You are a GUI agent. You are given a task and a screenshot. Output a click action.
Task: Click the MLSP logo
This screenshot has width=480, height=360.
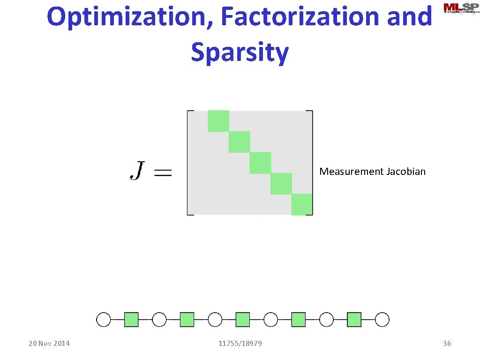[x=461, y=8]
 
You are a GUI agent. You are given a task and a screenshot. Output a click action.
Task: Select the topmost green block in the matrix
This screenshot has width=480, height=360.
[x=218, y=121]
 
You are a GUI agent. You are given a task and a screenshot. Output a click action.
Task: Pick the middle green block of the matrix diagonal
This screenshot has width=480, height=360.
[x=260, y=163]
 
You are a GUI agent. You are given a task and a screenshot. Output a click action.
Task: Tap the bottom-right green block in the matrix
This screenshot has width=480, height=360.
[x=302, y=204]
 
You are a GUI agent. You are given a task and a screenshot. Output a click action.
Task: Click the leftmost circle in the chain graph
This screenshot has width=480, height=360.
[x=104, y=320]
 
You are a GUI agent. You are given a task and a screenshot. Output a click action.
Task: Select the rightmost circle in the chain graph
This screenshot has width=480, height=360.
[x=382, y=320]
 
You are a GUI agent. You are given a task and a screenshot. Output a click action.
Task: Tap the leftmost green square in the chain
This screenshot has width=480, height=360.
[x=131, y=320]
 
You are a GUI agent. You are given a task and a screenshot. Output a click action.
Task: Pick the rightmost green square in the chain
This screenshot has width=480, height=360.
[x=354, y=320]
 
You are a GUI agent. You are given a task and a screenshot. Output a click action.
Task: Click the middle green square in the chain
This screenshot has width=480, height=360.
[x=242, y=320]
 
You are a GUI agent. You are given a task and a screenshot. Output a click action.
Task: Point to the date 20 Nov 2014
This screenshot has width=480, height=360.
[x=49, y=344]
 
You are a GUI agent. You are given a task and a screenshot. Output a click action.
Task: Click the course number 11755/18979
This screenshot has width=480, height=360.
[x=240, y=344]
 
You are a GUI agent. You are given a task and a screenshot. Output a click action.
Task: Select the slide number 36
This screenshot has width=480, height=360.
[x=447, y=344]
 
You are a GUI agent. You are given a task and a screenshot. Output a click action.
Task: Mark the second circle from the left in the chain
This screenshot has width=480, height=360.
[x=159, y=320]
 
